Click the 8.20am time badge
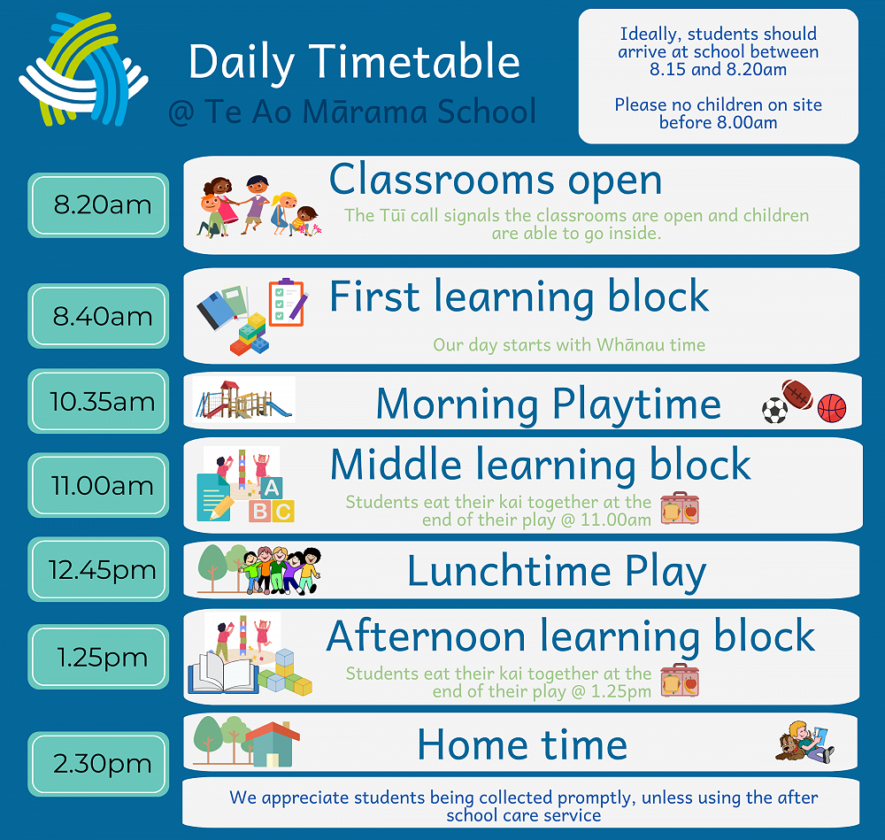[98, 205]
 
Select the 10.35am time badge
[98, 401]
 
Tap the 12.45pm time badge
[98, 569]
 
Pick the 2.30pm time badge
[98, 764]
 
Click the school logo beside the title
[83, 69]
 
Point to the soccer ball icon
[774, 411]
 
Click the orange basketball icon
[832, 407]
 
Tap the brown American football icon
[797, 394]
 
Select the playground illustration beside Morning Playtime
[244, 400]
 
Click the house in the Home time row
[273, 744]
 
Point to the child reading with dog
[804, 742]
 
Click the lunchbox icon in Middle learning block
[680, 508]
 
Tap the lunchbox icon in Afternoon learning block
[680, 680]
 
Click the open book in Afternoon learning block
[222, 673]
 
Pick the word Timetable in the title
[415, 62]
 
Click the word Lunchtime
[509, 571]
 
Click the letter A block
[272, 487]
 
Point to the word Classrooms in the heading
[442, 180]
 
